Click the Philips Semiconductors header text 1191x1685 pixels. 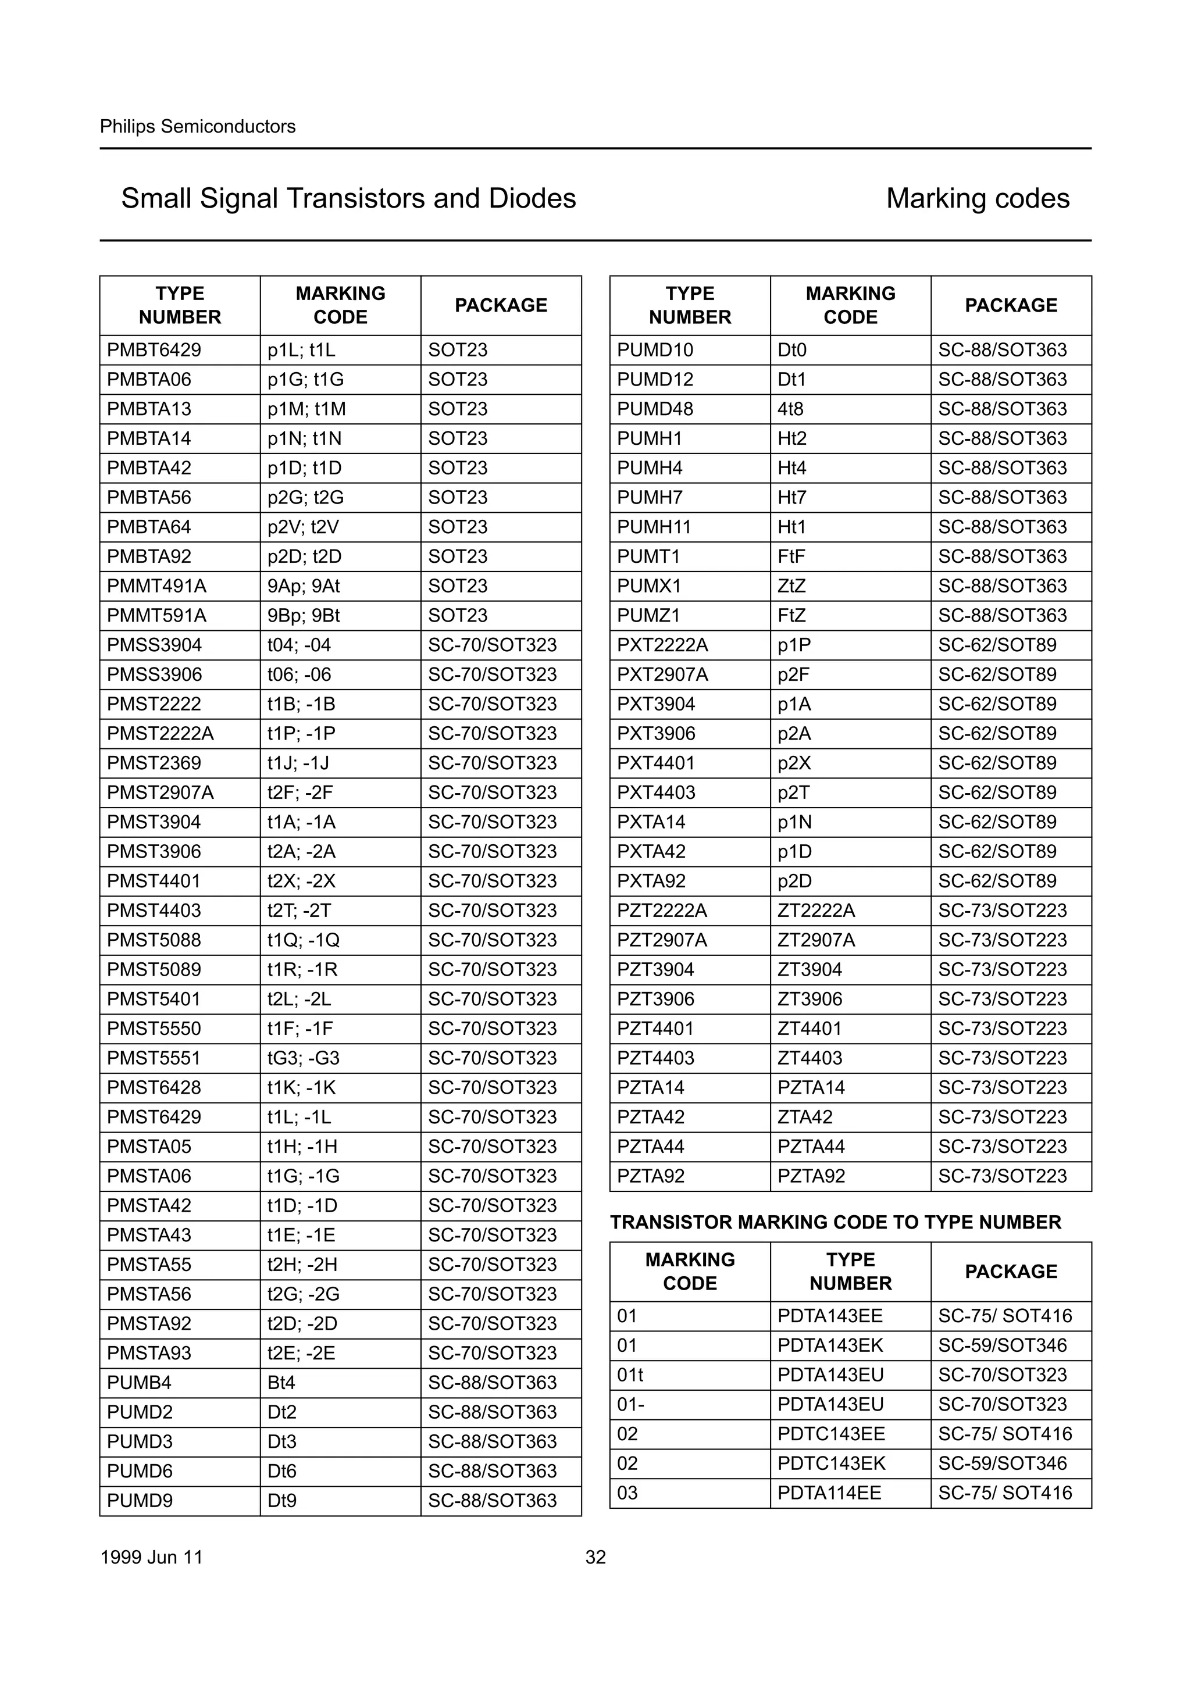click(x=197, y=126)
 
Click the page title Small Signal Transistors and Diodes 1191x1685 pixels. click(x=348, y=198)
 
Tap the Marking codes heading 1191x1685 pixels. click(x=978, y=198)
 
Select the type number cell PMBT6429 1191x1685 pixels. click(x=154, y=350)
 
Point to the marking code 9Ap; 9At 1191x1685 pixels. click(x=303, y=586)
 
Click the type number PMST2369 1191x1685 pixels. click(x=154, y=763)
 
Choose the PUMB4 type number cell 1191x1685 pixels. click(x=140, y=1383)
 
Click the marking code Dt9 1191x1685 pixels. click(x=282, y=1501)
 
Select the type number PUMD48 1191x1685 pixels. click(x=655, y=409)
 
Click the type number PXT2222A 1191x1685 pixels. click(x=662, y=645)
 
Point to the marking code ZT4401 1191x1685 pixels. click(x=810, y=1029)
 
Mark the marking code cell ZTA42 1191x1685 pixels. click(x=805, y=1117)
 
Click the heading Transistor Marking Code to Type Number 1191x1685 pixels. click(x=835, y=1222)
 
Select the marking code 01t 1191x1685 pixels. click(x=630, y=1375)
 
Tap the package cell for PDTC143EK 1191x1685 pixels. click(x=1003, y=1463)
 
